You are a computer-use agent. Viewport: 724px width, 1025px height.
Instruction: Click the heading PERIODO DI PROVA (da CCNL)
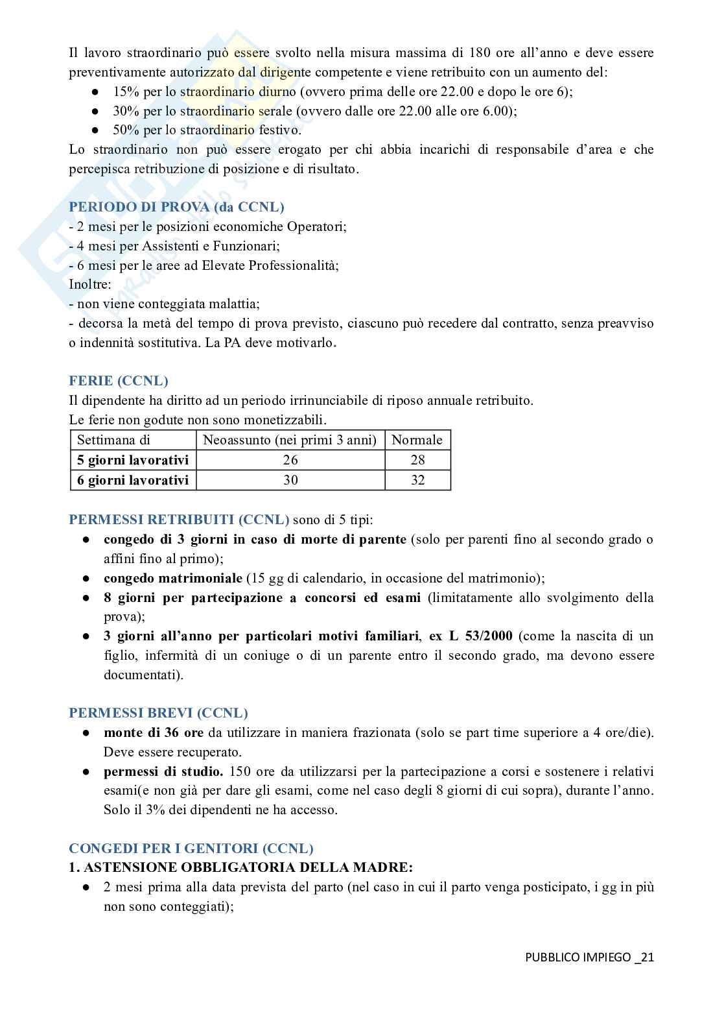pyautogui.click(x=176, y=207)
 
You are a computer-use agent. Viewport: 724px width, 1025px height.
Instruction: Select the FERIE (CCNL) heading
pyautogui.click(x=119, y=381)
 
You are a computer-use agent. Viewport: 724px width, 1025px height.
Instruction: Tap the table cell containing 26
pyautogui.click(x=290, y=460)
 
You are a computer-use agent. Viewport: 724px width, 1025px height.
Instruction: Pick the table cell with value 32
pyautogui.click(x=417, y=480)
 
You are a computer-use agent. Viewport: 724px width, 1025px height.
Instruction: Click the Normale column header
pyautogui.click(x=417, y=440)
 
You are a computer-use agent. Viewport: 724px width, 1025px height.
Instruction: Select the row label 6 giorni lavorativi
pyautogui.click(x=133, y=480)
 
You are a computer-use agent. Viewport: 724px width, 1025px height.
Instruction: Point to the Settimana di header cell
pyautogui.click(x=114, y=440)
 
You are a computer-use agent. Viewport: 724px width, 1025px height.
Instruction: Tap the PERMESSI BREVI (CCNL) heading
pyautogui.click(x=158, y=713)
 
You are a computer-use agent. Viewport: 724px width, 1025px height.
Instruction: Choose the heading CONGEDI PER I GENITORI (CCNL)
pyautogui.click(x=191, y=848)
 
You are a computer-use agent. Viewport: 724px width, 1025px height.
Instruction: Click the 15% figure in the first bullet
pyautogui.click(x=126, y=91)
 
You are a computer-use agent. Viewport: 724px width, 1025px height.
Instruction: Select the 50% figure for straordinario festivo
pyautogui.click(x=126, y=130)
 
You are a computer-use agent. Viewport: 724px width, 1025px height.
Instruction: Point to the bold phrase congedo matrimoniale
pyautogui.click(x=173, y=578)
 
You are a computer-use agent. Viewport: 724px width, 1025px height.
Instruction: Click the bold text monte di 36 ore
pyautogui.click(x=154, y=733)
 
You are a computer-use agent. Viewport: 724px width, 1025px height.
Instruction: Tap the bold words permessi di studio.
pyautogui.click(x=163, y=771)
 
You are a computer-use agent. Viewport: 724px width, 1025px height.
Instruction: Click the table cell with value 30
pyautogui.click(x=290, y=480)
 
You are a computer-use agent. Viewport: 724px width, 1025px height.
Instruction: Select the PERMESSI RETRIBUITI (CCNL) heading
pyautogui.click(x=179, y=520)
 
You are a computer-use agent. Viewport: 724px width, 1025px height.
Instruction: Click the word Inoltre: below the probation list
pyautogui.click(x=90, y=284)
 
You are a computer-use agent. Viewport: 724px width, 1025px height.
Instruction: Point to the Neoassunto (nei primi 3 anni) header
pyautogui.click(x=290, y=440)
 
